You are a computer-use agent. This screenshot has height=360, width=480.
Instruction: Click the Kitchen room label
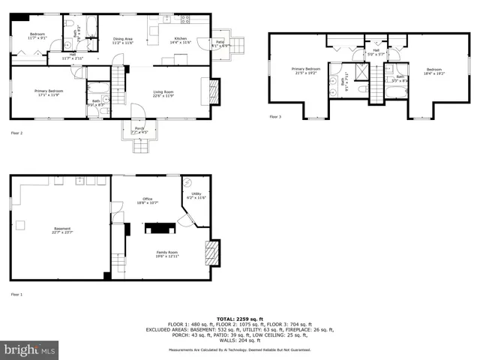pyautogui.click(x=180, y=40)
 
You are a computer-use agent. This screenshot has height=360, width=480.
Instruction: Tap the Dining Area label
pyautogui.click(x=122, y=40)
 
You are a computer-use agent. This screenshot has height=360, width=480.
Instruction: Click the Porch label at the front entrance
pyautogui.click(x=139, y=130)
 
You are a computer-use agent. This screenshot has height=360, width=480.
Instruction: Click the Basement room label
pyautogui.click(x=61, y=230)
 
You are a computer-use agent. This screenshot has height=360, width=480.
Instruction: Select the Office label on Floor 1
pyautogui.click(x=147, y=200)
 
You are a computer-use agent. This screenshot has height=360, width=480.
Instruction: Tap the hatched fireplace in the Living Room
pyautogui.click(x=212, y=91)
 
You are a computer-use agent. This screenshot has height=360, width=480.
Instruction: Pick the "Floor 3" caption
pyautogui.click(x=275, y=117)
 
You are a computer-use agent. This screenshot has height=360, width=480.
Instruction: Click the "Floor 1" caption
pyautogui.click(x=16, y=294)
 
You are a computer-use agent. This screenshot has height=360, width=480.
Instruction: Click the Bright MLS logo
pyautogui.click(x=30, y=350)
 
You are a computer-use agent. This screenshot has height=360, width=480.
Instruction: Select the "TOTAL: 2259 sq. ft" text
pyautogui.click(x=239, y=318)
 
